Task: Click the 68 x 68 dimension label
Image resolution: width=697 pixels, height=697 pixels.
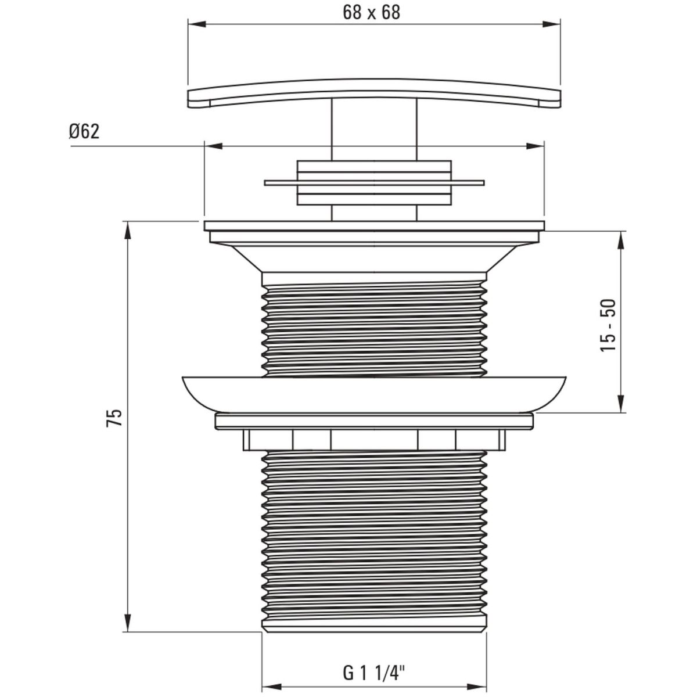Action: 371,13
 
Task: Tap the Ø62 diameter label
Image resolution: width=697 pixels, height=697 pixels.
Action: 84,132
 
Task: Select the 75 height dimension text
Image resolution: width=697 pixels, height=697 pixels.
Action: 114,418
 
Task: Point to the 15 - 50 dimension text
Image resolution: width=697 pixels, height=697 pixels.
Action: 608,325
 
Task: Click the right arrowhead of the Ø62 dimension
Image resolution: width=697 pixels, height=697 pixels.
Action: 536,146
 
